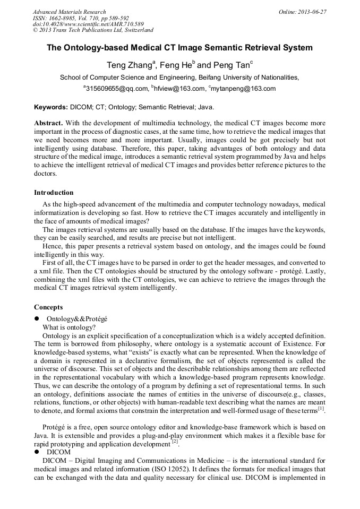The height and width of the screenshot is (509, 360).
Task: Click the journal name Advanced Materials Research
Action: coord(69,12)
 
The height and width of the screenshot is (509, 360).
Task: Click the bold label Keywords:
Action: coord(51,107)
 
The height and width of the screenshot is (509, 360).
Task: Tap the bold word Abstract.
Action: coord(48,122)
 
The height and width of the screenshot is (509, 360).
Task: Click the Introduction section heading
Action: coord(54,193)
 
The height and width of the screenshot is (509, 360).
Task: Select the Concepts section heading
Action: coord(48,307)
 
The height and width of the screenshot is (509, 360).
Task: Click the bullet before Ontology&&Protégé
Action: coord(37,319)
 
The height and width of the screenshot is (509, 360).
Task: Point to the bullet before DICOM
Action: coord(37,452)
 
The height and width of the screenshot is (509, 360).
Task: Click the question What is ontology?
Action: coord(68,327)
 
